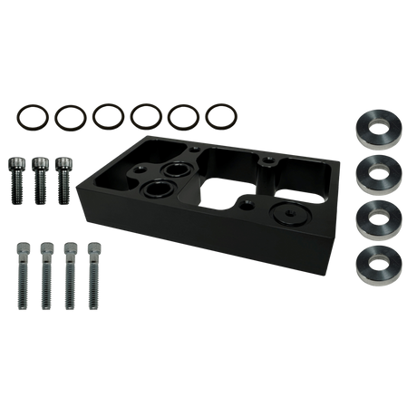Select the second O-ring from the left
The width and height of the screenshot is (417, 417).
tap(68, 116)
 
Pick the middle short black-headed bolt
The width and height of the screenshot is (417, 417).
tap(41, 176)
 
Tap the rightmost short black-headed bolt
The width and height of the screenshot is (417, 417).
tap(63, 176)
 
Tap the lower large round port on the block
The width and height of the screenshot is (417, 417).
tap(157, 190)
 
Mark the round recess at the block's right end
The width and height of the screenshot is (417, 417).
tap(287, 213)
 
